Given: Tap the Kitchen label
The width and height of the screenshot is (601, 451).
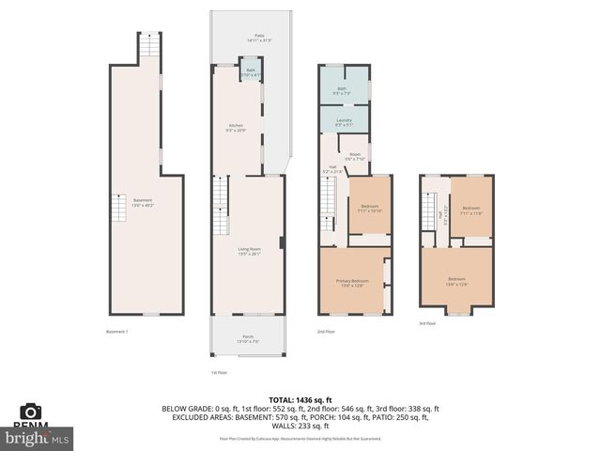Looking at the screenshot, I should pyautogui.click(x=235, y=128).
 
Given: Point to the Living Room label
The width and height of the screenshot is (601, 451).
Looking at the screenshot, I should pyautogui.click(x=249, y=251).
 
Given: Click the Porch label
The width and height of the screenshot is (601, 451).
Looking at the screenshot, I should pyautogui.click(x=248, y=339).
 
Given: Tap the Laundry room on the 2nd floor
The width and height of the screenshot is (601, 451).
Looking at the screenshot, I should pyautogui.click(x=344, y=122).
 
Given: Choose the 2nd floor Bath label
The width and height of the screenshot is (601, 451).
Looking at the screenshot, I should pyautogui.click(x=343, y=91).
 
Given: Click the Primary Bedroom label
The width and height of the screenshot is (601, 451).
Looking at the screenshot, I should pyautogui.click(x=352, y=283).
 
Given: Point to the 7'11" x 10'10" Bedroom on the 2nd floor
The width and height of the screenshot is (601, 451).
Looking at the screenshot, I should pyautogui.click(x=369, y=208).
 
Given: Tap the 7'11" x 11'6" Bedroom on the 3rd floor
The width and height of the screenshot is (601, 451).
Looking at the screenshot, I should pyautogui.click(x=470, y=210).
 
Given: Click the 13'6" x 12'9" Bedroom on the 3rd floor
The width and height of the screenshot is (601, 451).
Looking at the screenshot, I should pyautogui.click(x=456, y=281).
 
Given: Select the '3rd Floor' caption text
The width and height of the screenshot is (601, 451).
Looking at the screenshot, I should pyautogui.click(x=427, y=323).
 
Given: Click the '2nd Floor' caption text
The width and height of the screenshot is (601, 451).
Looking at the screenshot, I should pyautogui.click(x=326, y=332).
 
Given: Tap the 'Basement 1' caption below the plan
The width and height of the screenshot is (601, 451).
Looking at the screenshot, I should pyautogui.click(x=117, y=332).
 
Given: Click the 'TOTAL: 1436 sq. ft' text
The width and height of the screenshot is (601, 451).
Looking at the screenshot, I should pyautogui.click(x=300, y=400).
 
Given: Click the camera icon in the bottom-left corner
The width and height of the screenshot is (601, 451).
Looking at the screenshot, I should pyautogui.click(x=31, y=412).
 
